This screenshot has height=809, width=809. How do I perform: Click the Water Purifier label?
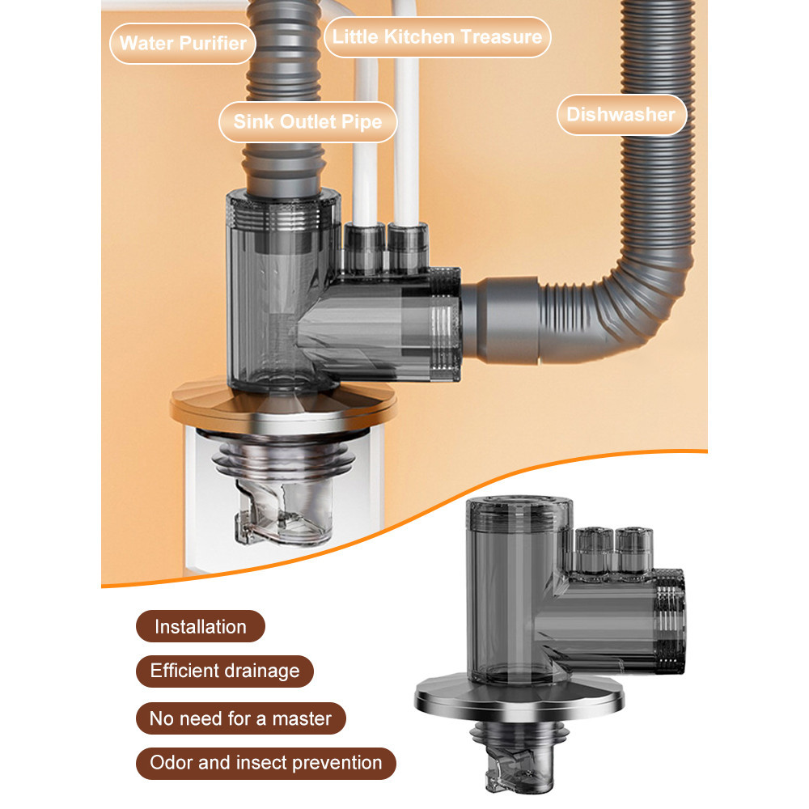[x=183, y=42]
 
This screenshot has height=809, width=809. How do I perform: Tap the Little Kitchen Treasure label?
[x=437, y=37]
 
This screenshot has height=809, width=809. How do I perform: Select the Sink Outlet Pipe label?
[x=307, y=122]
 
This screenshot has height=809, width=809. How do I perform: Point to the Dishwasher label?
[x=621, y=114]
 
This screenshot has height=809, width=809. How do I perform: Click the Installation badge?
[x=200, y=627]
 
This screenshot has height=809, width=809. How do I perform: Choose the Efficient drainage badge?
[x=224, y=671]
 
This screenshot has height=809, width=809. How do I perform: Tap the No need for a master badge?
[x=240, y=718]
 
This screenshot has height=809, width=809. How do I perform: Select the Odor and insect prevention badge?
[x=265, y=762]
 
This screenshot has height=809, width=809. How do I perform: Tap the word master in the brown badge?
[x=303, y=718]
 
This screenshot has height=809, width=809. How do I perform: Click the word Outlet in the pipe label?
[x=307, y=122]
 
